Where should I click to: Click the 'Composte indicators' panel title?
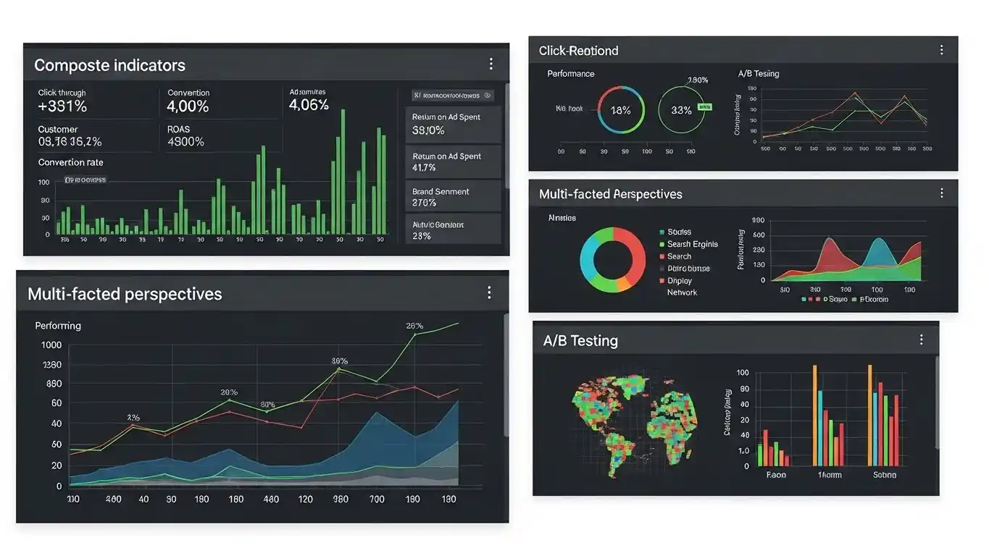point(109,65)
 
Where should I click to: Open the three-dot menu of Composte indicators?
point(491,64)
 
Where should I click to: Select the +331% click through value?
point(62,106)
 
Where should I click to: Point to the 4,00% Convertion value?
point(188,106)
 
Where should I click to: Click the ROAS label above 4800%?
point(178,129)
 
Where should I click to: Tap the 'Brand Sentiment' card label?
point(441,192)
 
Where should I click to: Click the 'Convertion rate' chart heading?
point(70,162)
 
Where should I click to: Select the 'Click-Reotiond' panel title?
point(578,51)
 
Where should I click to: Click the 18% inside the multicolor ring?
point(620,110)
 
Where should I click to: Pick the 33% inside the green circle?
point(681,110)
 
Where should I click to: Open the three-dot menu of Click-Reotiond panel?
point(941,50)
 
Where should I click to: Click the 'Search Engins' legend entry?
point(692,244)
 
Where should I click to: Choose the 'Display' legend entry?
point(680,280)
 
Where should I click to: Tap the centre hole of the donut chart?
point(613,259)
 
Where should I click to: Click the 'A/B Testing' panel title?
point(580,340)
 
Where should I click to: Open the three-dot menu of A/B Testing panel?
point(921,340)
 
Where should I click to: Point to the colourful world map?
point(634,420)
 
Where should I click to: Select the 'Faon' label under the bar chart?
point(776,475)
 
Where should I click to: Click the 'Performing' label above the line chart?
point(58,326)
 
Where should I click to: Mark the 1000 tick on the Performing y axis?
point(51,345)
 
